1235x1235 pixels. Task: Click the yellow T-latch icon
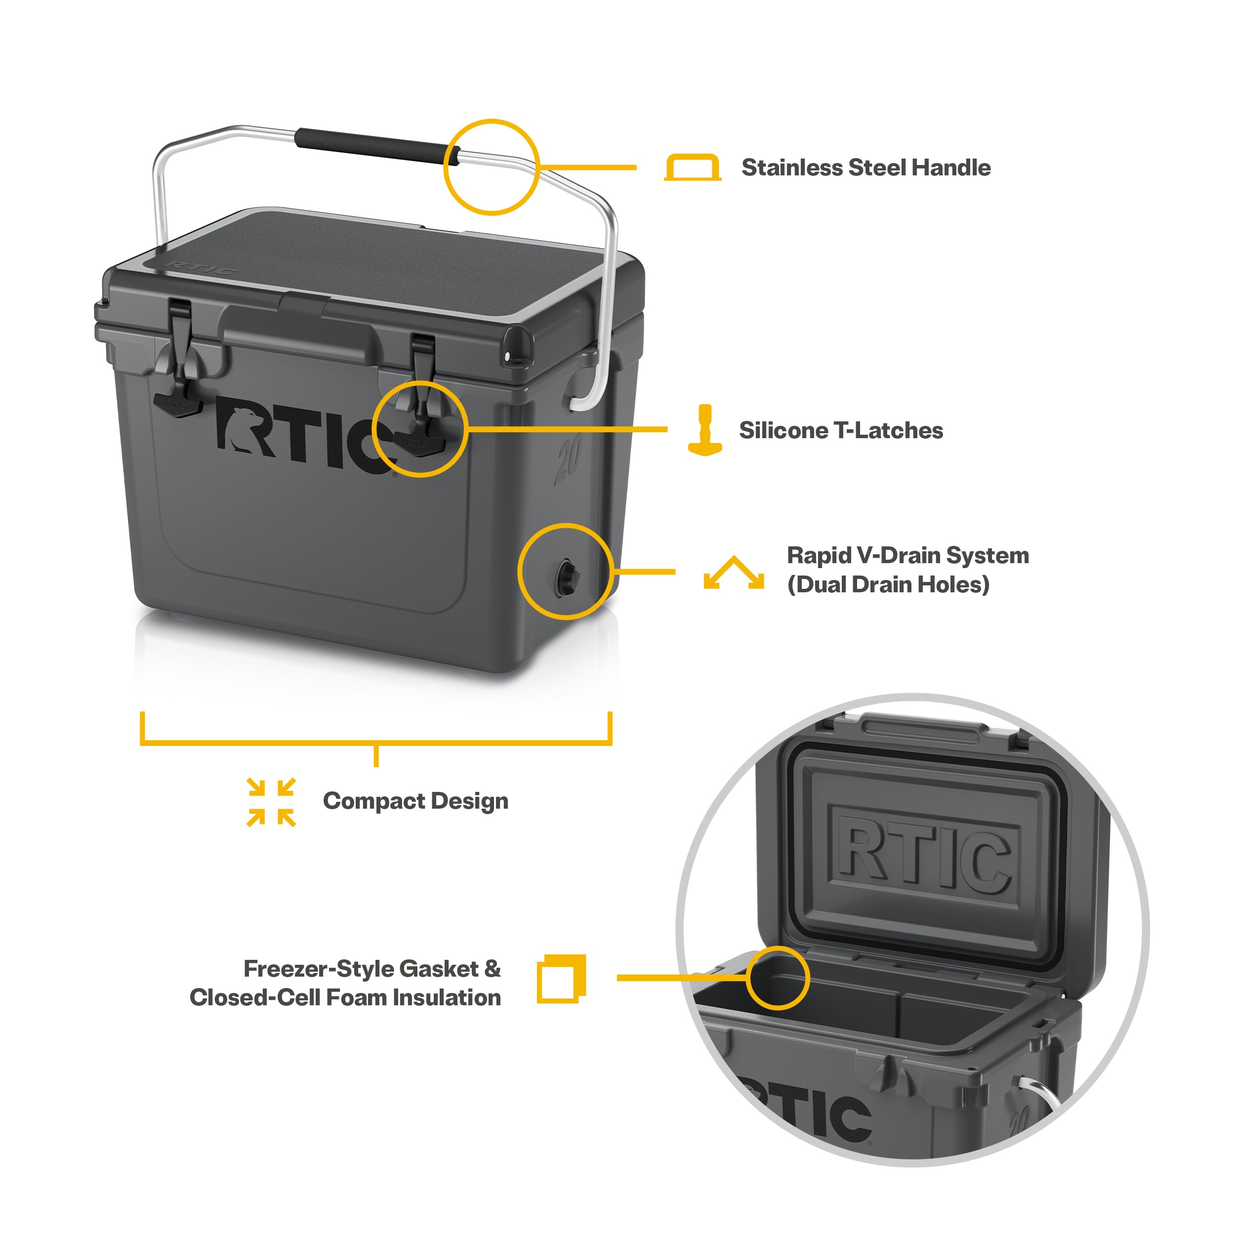tap(704, 430)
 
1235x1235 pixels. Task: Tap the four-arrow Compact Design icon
tap(271, 802)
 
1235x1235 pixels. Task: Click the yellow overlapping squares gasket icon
tap(561, 979)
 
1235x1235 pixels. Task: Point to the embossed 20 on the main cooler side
tap(568, 458)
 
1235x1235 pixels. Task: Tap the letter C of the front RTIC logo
tap(378, 446)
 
